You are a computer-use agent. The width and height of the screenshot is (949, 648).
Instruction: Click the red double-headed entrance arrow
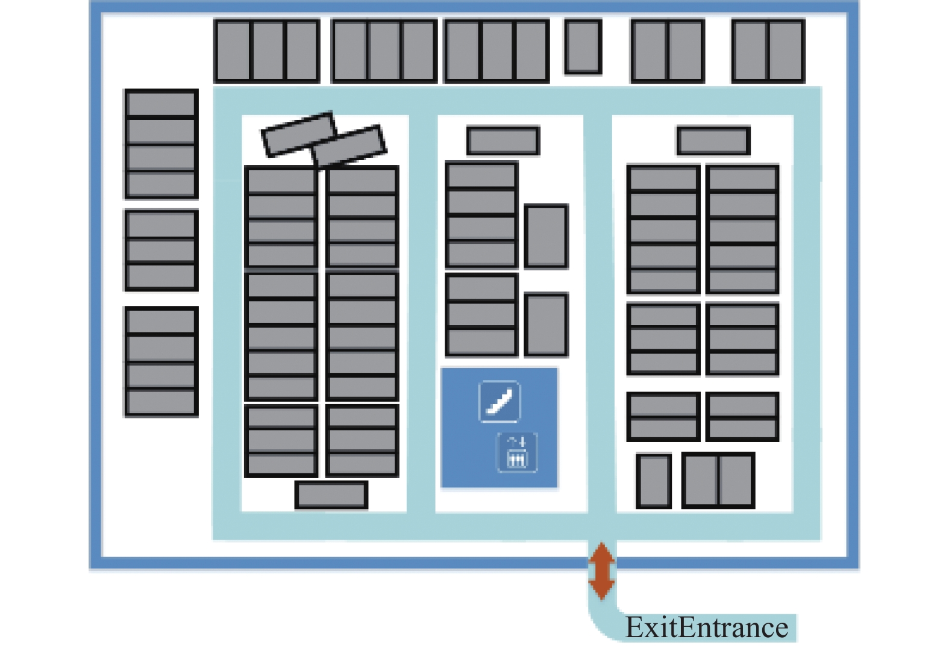click(x=601, y=571)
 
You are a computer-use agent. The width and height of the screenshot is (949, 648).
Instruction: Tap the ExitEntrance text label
click(x=707, y=628)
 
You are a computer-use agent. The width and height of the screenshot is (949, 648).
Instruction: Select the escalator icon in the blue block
click(x=500, y=401)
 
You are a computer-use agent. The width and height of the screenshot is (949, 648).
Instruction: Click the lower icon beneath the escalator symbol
click(x=517, y=452)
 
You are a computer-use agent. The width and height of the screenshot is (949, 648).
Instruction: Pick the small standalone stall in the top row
click(x=583, y=46)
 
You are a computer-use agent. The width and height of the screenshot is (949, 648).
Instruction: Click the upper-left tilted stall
click(x=299, y=134)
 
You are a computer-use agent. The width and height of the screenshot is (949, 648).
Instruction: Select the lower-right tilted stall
click(x=349, y=146)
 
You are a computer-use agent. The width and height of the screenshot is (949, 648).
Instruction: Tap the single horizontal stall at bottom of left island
click(x=331, y=494)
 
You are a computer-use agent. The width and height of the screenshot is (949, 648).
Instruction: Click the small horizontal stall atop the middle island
click(x=503, y=140)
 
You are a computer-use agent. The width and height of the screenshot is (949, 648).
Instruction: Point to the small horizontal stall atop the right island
click(x=713, y=140)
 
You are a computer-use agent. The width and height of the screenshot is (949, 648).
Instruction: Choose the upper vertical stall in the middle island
click(x=546, y=236)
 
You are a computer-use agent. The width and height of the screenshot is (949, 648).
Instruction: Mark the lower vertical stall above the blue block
click(x=546, y=325)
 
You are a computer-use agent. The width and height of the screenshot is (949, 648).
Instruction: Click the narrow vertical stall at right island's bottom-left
click(x=654, y=481)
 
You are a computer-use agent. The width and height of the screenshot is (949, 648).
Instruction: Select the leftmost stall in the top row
click(x=233, y=51)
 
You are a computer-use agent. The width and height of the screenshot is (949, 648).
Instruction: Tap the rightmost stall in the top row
click(x=786, y=51)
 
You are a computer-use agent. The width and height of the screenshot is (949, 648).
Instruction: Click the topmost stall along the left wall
click(x=161, y=104)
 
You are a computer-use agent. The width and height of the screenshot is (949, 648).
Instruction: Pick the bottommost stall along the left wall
click(x=161, y=402)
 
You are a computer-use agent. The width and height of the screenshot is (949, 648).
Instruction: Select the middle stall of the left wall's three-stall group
click(x=161, y=251)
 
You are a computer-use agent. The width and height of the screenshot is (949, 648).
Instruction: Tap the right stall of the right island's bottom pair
click(x=737, y=481)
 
